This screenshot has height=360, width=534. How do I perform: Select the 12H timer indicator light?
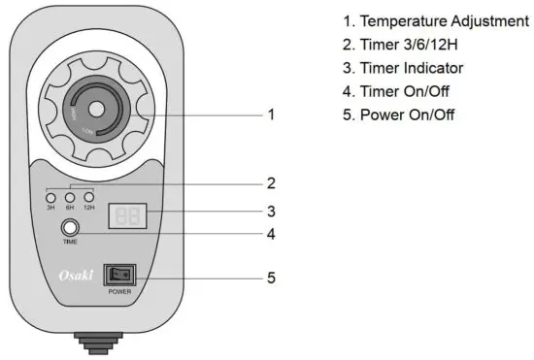[x=89, y=197]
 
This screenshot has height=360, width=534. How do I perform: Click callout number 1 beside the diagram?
[x=272, y=115]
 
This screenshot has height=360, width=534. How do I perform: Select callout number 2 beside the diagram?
[x=272, y=181]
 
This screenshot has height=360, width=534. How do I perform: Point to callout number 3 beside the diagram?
[x=272, y=210]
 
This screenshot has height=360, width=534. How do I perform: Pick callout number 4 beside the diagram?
[x=272, y=233]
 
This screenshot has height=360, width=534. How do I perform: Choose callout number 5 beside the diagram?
[x=272, y=278]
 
